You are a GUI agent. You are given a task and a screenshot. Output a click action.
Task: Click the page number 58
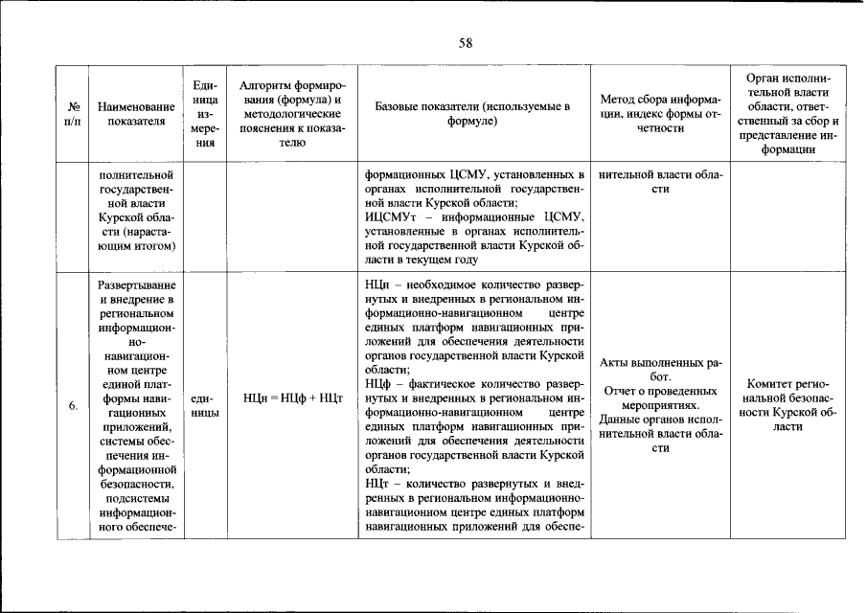466,42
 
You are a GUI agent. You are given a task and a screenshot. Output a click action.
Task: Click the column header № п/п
73,114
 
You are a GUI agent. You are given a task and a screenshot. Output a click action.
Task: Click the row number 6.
73,407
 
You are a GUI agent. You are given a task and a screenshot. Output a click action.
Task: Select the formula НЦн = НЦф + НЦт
292,397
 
